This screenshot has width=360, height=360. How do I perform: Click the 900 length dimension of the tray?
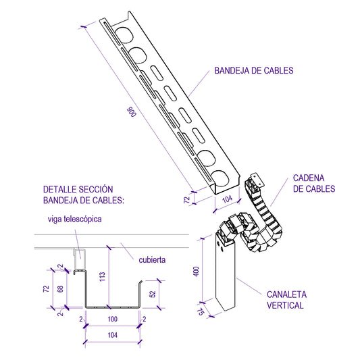(132, 112)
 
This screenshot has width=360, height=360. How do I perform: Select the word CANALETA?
(287, 295)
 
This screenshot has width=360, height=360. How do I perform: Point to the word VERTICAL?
(285, 306)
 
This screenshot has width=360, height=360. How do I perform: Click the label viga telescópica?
(75, 219)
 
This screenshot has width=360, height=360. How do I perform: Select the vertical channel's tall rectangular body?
(226, 277)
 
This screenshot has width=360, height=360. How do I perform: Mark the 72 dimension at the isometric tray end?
(188, 199)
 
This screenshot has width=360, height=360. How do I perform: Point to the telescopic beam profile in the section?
(78, 255)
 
